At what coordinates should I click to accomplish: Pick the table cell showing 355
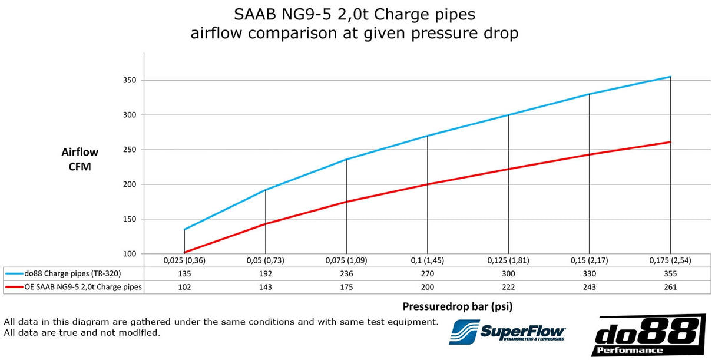pyautogui.click(x=670, y=273)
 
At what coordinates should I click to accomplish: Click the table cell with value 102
pyautogui.click(x=184, y=287)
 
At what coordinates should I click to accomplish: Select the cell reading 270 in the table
pyautogui.click(x=427, y=273)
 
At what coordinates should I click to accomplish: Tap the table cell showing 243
pyautogui.click(x=589, y=287)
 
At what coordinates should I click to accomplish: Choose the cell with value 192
pyautogui.click(x=266, y=273)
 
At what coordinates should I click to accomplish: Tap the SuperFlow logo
pyautogui.click(x=507, y=332)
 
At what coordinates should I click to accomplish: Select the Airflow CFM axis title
pyautogui.click(x=80, y=159)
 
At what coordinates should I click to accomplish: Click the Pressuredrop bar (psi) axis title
pyautogui.click(x=462, y=306)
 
